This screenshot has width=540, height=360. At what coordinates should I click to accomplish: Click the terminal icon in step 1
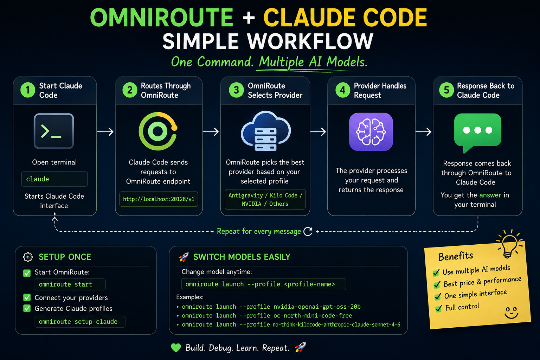click(54, 131)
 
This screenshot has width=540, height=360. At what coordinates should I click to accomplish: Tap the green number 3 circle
click(236, 90)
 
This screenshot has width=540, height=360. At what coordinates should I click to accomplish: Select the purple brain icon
click(371, 131)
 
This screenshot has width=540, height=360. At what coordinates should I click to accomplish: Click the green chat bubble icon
click(477, 133)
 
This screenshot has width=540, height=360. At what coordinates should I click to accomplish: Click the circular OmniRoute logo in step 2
click(158, 131)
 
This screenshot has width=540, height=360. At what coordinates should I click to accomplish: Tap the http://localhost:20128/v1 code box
click(159, 199)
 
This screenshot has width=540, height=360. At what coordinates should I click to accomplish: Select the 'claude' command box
click(54, 179)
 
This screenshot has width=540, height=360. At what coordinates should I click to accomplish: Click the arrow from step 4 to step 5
click(424, 131)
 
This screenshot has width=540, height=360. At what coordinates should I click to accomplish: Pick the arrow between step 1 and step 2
click(105, 131)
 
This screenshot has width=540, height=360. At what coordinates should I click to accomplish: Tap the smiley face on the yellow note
click(511, 313)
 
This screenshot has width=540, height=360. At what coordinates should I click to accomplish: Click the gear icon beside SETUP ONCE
click(28, 257)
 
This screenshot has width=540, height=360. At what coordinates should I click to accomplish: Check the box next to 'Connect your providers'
click(27, 297)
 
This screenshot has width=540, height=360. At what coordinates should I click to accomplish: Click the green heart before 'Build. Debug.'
click(176, 348)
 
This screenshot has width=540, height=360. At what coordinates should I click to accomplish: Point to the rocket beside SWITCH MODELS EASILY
click(184, 257)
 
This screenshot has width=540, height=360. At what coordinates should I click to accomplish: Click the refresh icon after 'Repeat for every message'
click(308, 231)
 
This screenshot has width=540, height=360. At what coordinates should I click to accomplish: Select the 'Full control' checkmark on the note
click(439, 308)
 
